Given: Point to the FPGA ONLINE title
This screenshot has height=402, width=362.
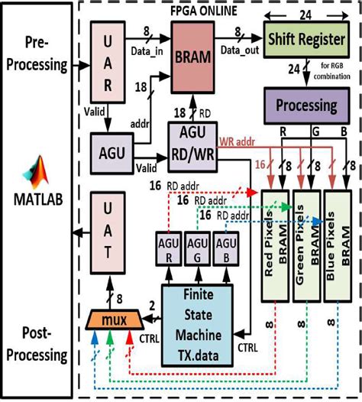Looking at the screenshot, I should coord(213,11).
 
